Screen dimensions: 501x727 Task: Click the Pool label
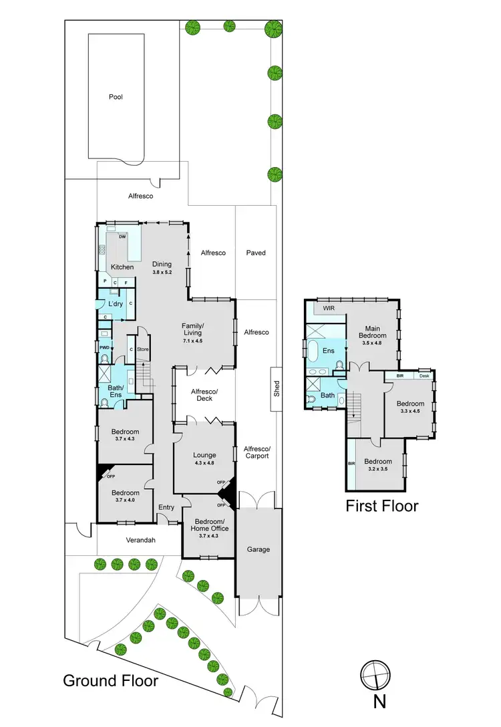[x=116, y=97]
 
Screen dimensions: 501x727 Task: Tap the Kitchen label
[x=122, y=267]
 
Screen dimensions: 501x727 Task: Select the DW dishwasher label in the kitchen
[x=122, y=237]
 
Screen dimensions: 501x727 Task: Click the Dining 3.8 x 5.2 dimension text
[x=162, y=273]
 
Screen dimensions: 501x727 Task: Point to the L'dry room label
[x=116, y=304]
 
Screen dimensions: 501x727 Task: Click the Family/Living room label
[x=193, y=329]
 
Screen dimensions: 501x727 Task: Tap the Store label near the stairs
[x=142, y=349]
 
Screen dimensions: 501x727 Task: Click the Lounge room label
[x=204, y=456]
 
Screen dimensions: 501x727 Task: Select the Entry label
[x=166, y=508]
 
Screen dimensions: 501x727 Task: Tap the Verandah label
[x=141, y=540]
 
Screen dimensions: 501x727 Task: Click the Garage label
[x=259, y=549]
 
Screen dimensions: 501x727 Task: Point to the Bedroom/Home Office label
[x=210, y=525]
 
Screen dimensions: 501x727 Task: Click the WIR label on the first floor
[x=329, y=309]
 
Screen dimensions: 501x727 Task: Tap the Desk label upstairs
[x=424, y=376]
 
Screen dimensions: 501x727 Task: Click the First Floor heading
[x=381, y=506]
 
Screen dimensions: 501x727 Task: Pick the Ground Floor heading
[x=110, y=681]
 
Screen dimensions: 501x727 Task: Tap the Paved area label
[x=256, y=253]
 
